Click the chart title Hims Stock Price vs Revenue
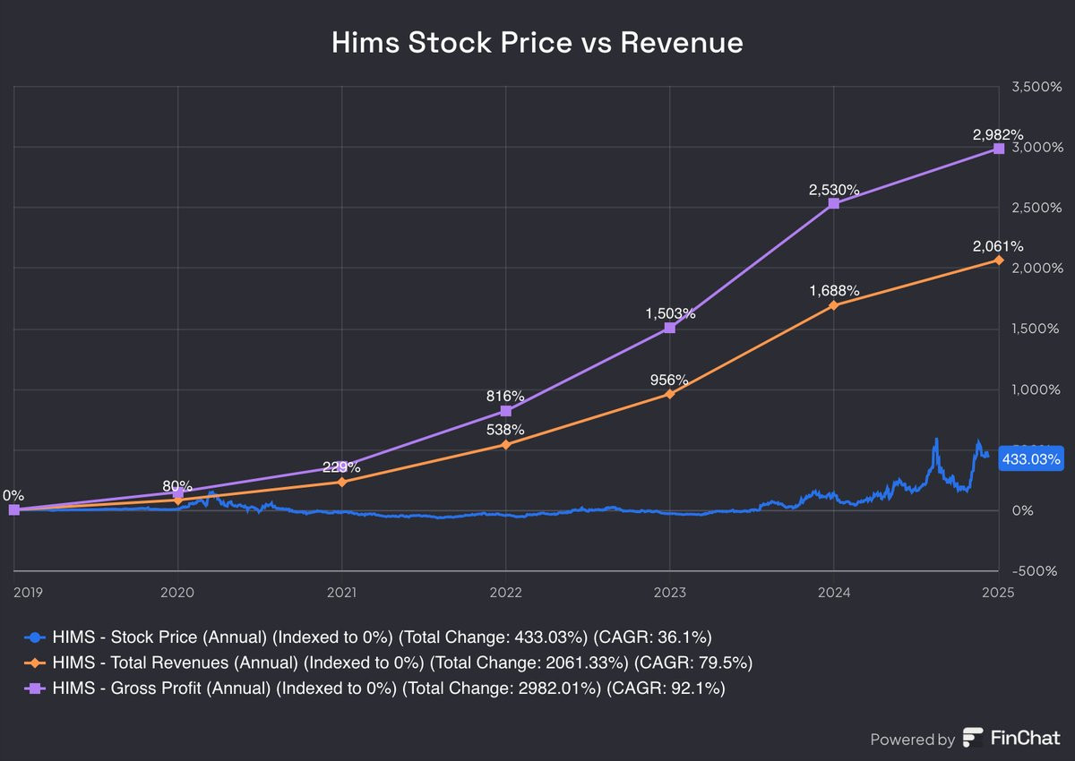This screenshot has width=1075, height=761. click(x=537, y=43)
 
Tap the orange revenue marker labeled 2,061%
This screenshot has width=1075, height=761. click(x=999, y=260)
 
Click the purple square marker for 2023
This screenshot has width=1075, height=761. click(x=670, y=328)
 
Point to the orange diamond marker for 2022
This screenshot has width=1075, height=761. click(x=506, y=444)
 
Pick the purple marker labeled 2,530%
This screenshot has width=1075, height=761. click(x=834, y=203)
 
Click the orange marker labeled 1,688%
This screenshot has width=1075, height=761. click(x=834, y=305)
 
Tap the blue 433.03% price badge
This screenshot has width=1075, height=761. click(x=1031, y=459)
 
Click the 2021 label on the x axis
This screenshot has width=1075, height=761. click(x=341, y=591)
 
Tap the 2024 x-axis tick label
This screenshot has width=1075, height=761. click(x=834, y=591)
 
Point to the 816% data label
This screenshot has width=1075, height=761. click(x=506, y=396)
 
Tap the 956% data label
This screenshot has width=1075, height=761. click(x=670, y=379)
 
